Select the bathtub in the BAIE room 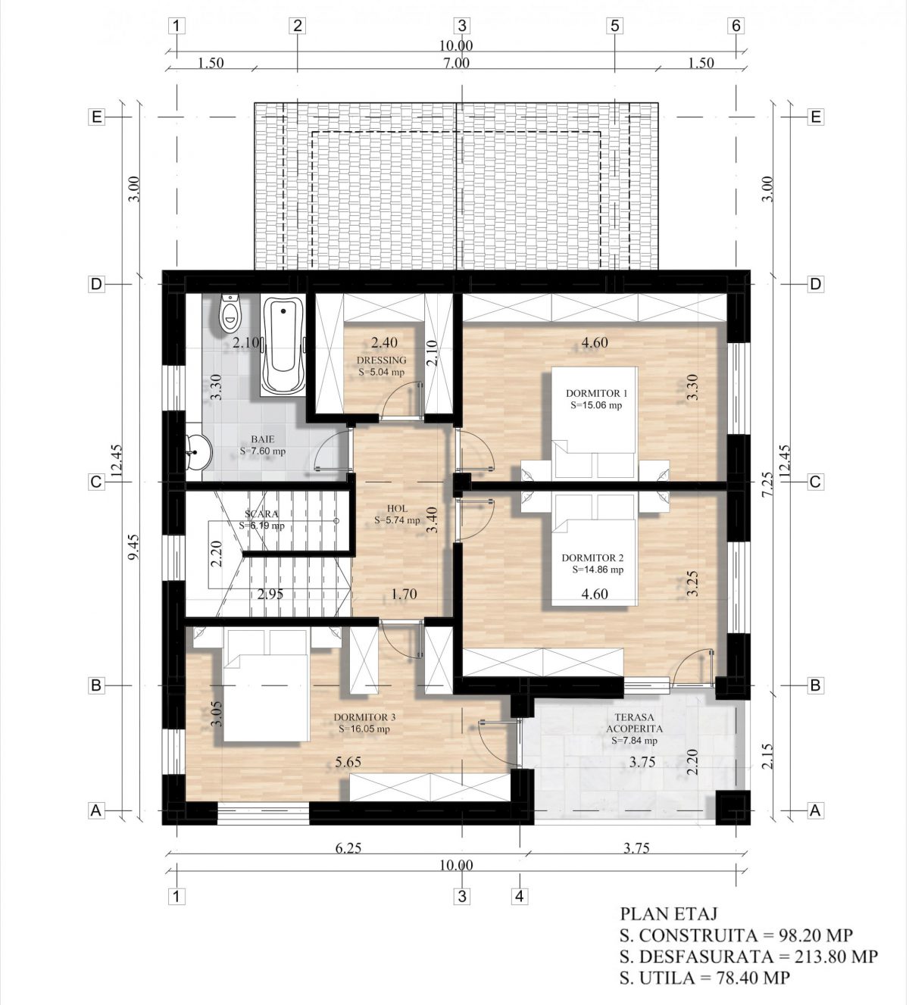283,345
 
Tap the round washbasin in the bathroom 198,452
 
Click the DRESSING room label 381,360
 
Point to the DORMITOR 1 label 596,393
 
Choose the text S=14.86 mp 598,570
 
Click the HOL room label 397,508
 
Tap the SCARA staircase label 261,513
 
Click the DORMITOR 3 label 364,717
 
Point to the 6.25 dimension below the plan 348,847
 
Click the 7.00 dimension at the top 456,63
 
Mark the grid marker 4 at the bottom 520,895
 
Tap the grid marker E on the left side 96,117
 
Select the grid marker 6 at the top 736,26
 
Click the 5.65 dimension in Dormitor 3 348,762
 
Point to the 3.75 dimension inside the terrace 642,762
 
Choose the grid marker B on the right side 815,685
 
